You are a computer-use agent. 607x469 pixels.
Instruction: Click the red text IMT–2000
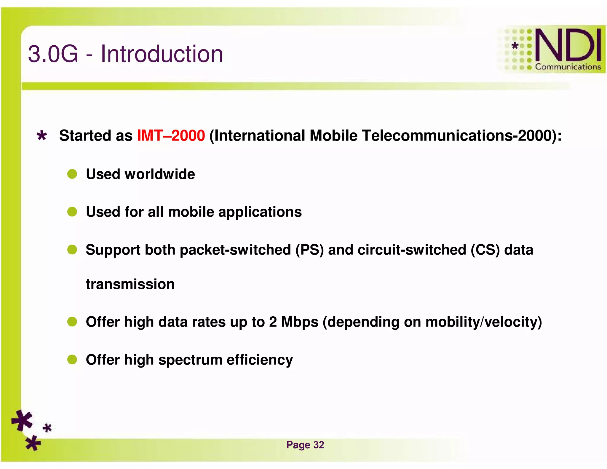pos(171,136)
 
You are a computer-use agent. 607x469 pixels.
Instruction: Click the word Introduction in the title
pos(162,54)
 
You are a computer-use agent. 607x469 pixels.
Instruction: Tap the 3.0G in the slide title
pos(53,54)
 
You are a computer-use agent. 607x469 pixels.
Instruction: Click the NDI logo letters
pos(568,45)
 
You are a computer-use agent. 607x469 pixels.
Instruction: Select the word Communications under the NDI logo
pos(568,67)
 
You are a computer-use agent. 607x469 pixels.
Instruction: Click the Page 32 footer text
pos(305,445)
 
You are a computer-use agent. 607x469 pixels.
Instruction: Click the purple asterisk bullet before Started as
pos(42,136)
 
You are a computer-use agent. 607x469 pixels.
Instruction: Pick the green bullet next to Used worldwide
pos(72,174)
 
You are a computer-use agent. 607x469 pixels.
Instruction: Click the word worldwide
pos(160,174)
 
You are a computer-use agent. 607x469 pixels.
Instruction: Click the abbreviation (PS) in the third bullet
pos(309,250)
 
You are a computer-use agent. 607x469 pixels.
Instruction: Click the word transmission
pos(130,284)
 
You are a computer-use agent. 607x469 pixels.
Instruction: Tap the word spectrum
pos(190,360)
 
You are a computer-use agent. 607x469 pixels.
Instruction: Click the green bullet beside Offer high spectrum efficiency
pos(72,360)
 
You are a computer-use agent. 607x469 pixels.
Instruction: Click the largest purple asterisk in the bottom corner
pos(22,420)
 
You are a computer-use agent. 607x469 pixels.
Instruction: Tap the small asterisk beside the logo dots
pos(515,46)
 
